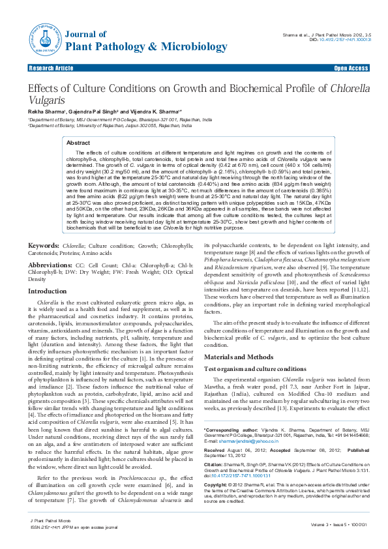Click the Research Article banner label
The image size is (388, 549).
tap(51, 68)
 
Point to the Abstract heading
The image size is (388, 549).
tap(78, 142)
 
